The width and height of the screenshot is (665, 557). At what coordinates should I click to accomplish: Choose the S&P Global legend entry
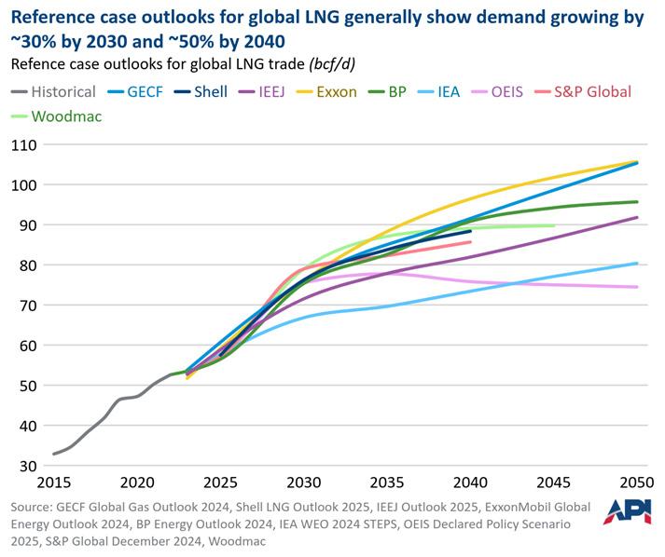(x=587, y=91)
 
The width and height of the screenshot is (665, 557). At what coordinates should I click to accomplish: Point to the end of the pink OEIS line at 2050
(x=637, y=287)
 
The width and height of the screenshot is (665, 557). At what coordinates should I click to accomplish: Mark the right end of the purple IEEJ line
(x=637, y=217)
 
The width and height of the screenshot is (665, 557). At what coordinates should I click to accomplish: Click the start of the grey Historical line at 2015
(x=54, y=454)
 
